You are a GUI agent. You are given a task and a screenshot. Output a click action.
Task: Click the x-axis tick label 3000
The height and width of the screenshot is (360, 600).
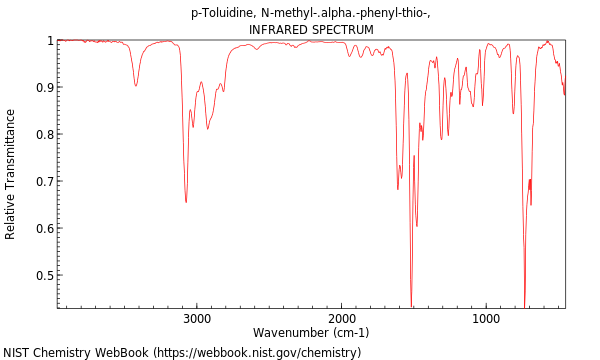[x=197, y=319]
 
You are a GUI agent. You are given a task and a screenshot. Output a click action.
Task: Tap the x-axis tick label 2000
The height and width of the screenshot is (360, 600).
[x=342, y=319]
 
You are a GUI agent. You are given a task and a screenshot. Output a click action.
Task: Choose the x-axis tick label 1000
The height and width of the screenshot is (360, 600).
[x=486, y=319]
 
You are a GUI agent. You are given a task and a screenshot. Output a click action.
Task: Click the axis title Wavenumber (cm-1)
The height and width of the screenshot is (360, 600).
[x=311, y=333]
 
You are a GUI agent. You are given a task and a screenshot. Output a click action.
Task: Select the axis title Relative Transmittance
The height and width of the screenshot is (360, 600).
[x=11, y=174]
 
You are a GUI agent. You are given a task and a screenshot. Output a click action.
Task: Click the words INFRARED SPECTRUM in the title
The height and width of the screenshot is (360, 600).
[x=311, y=30]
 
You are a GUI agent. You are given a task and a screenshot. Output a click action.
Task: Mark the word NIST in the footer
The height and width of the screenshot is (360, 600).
[x=17, y=353]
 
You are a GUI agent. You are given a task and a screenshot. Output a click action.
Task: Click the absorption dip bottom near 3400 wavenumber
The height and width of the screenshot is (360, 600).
[x=136, y=86]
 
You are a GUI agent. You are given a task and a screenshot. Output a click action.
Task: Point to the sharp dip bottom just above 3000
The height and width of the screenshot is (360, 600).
[x=186, y=202]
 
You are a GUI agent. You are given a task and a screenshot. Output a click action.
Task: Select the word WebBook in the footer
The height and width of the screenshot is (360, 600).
[x=120, y=353]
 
